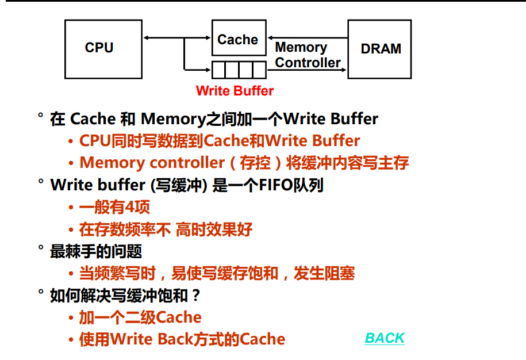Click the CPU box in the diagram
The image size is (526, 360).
click(103, 49)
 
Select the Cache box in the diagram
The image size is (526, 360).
click(239, 40)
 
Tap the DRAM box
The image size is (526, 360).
click(379, 49)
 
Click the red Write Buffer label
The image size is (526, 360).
click(235, 91)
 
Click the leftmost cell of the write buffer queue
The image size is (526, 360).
click(219, 70)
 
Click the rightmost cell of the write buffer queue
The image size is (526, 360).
click(259, 70)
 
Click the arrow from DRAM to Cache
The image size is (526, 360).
click(307, 38)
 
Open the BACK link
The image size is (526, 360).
click(385, 338)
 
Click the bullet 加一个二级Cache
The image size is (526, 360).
click(140, 317)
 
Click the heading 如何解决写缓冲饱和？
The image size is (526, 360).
click(125, 296)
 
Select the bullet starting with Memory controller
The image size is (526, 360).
click(244, 163)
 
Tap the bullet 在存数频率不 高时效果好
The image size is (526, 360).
click(166, 229)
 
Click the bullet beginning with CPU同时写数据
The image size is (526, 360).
click(220, 141)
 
